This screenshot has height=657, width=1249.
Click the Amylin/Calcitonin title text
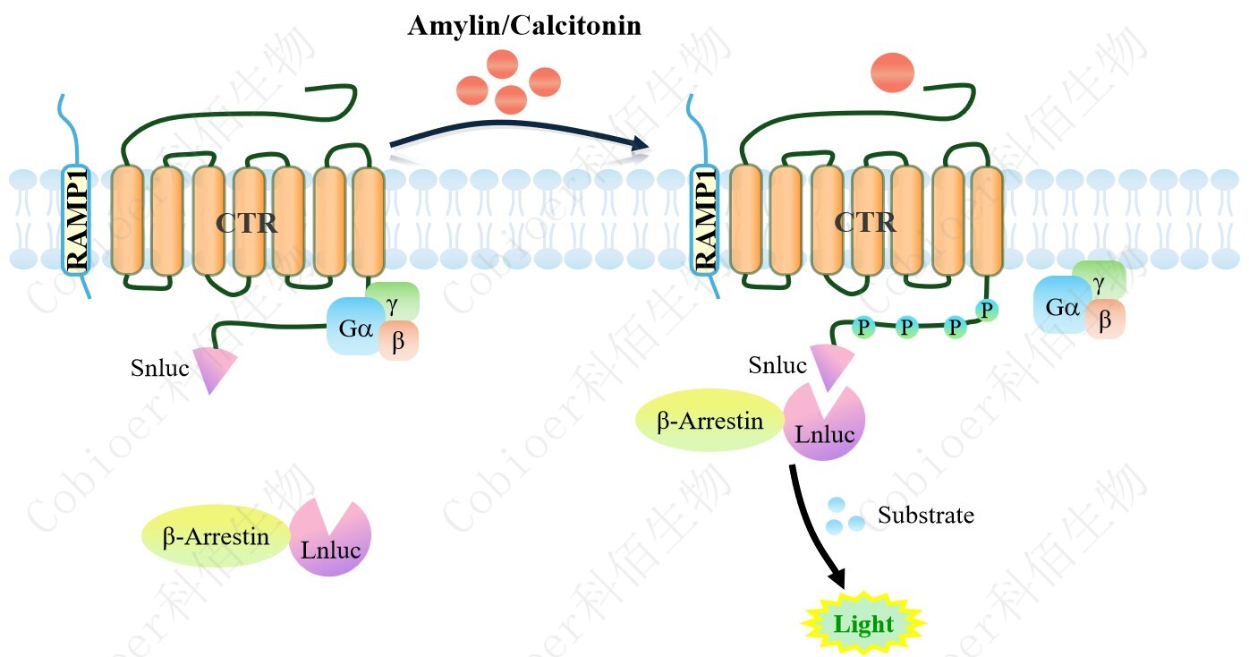pyautogui.click(x=524, y=26)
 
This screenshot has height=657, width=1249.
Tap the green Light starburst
pyautogui.click(x=862, y=624)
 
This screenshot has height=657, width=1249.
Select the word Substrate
pyautogui.click(x=925, y=516)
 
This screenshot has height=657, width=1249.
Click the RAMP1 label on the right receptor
pyautogui.click(x=706, y=218)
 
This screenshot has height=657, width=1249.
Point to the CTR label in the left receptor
pyautogui.click(x=246, y=223)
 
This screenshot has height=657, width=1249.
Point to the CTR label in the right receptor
pyautogui.click(x=865, y=222)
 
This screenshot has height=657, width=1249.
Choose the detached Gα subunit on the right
pyautogui.click(x=1061, y=307)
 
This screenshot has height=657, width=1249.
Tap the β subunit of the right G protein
pyautogui.click(x=1106, y=320)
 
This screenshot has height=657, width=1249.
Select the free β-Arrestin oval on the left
pyautogui.click(x=216, y=537)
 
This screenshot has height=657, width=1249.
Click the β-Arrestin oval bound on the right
pyautogui.click(x=709, y=421)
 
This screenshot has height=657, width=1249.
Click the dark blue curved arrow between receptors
pyautogui.click(x=519, y=134)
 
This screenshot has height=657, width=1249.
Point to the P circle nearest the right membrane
pyautogui.click(x=986, y=311)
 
